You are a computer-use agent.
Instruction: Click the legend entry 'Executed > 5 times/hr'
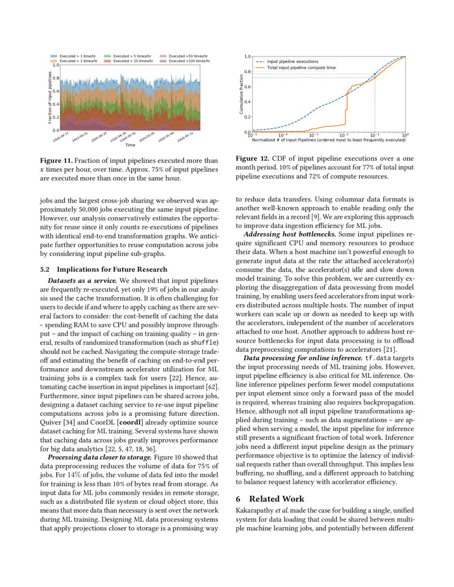coord(132,56)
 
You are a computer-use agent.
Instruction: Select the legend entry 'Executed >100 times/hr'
coord(188,61)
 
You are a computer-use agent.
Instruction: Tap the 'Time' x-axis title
coord(130,145)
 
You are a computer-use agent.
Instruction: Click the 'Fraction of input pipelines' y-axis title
coord(50,98)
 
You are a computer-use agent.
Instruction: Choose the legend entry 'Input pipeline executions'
coord(292,61)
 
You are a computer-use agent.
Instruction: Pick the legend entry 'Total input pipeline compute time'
coord(301,68)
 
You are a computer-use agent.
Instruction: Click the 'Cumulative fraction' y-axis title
coord(242,94)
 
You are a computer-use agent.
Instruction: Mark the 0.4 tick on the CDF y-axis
coord(247,101)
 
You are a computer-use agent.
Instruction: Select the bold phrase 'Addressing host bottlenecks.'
coord(289,234)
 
